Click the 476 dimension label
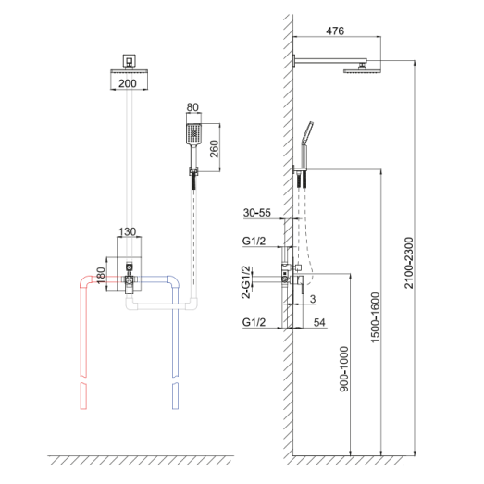click(335, 31)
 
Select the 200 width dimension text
click(128, 83)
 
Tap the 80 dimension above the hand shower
click(192, 107)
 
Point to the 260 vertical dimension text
click(214, 149)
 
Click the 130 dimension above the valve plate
click(127, 231)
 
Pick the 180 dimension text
click(101, 276)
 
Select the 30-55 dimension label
click(257, 212)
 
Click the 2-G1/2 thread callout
click(246, 282)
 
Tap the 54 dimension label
click(319, 322)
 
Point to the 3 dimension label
click(313, 299)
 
